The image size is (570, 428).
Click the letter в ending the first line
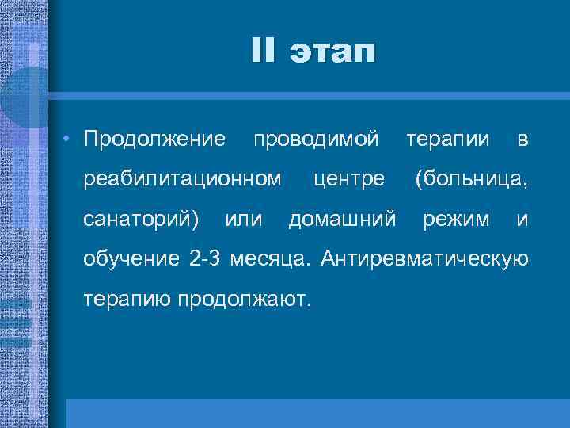pyautogui.click(x=522, y=140)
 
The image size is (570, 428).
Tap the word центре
pyautogui.click(x=349, y=180)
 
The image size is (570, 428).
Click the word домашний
pyautogui.click(x=341, y=219)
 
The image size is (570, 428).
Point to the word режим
pyautogui.click(x=456, y=220)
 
